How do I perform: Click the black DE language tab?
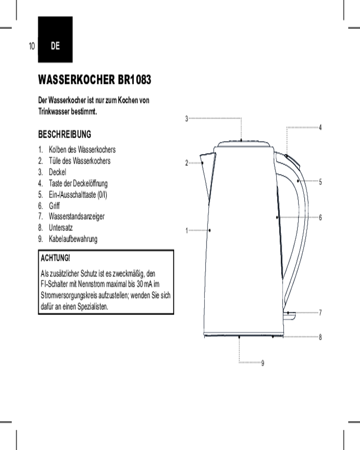click(x=55, y=39)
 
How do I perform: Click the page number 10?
click(x=32, y=46)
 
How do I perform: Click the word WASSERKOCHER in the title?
click(x=76, y=80)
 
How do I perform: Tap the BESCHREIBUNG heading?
click(x=65, y=134)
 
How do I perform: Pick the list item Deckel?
click(x=58, y=172)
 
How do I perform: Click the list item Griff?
click(x=54, y=206)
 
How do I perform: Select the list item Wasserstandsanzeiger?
click(x=76, y=216)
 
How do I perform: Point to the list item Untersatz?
click(x=61, y=228)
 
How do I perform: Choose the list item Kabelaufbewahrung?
click(x=73, y=239)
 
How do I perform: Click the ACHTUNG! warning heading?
click(x=55, y=258)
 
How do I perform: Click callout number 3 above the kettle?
click(x=187, y=118)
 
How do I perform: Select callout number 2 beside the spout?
click(x=187, y=163)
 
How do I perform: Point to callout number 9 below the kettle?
click(x=262, y=363)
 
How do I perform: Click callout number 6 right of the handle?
click(x=320, y=217)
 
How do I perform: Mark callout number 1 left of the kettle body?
click(x=187, y=230)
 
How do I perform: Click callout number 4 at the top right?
click(x=320, y=127)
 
